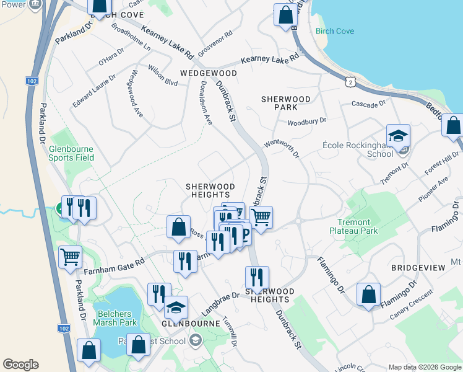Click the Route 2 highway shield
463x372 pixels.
click(351, 81)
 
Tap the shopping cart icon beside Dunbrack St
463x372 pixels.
click(261, 218)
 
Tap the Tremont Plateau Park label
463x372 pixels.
click(355, 227)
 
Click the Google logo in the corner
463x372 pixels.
click(20, 365)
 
